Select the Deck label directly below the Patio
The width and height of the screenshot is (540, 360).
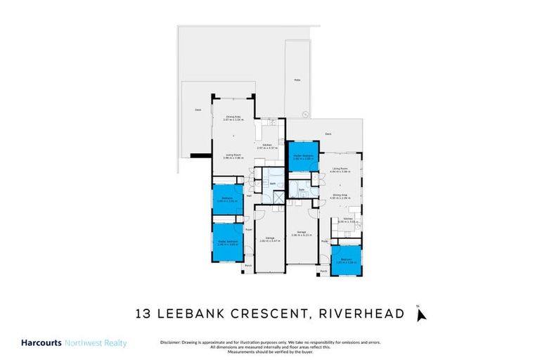coord(328,134)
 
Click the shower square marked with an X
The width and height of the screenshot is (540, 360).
coord(278,198)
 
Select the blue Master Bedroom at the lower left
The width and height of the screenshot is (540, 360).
coord(228,241)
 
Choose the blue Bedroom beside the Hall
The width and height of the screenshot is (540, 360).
coord(228,200)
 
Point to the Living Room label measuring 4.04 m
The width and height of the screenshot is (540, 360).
coord(342,169)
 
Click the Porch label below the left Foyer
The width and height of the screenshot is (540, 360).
coord(247,266)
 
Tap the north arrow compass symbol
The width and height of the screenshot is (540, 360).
coord(420,314)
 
